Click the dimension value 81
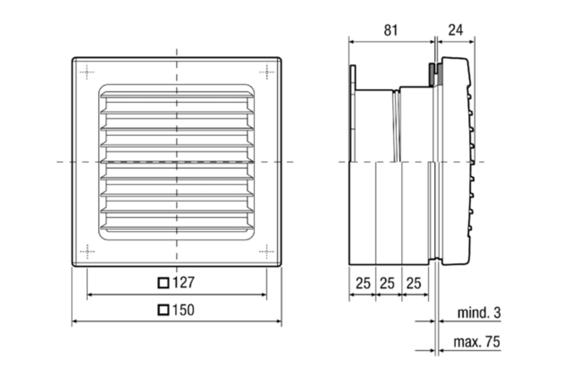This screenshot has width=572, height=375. point(390,30)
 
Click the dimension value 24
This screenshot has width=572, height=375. point(455,30)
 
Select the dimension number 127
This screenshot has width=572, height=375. point(183,282)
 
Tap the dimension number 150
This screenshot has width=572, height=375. point(183,310)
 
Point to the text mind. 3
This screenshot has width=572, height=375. point(479,313)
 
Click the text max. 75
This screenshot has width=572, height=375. point(476,342)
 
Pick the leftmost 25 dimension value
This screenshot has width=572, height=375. point(363,283)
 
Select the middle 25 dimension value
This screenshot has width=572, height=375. point(388,283)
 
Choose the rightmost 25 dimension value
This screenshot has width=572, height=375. point(415,283)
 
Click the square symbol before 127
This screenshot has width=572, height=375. point(164,282)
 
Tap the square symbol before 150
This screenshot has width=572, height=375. point(164,310)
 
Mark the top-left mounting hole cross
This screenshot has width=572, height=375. point(87,71)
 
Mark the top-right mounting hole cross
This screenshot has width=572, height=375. point(267,71)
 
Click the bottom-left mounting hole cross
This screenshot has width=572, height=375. point(87,251)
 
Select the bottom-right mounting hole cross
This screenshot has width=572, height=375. point(267,251)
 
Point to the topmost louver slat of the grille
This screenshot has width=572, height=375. point(177,96)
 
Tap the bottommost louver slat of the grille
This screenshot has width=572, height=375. point(177,228)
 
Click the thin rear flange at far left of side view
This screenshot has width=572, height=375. point(352,114)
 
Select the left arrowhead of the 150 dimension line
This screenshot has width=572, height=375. point(75,322)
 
